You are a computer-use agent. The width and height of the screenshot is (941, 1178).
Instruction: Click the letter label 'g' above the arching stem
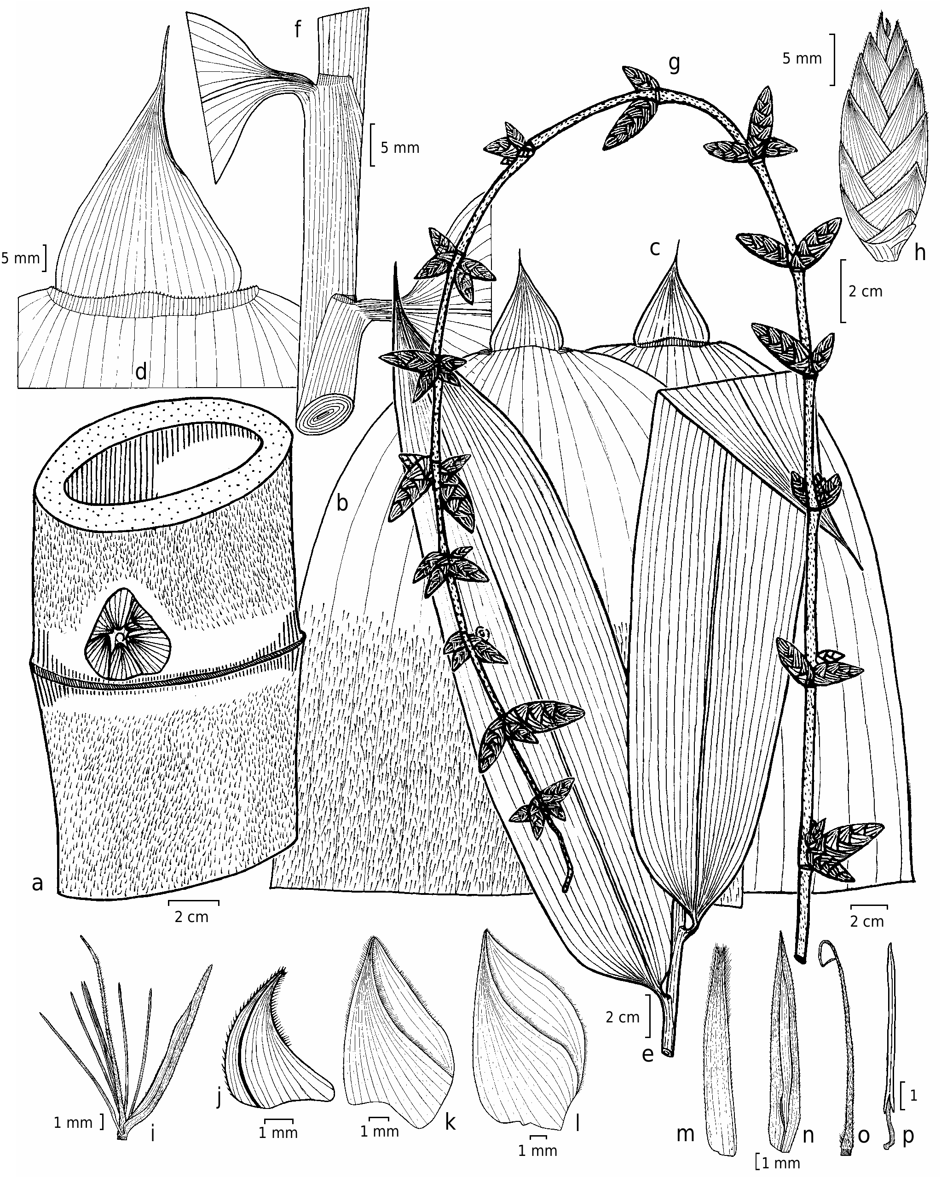[x=675, y=64]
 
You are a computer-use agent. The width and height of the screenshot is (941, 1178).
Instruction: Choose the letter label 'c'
[x=655, y=249]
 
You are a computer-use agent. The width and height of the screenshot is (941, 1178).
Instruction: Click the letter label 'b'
[x=342, y=502]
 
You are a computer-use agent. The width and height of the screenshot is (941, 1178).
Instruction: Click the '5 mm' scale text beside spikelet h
[x=802, y=58]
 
